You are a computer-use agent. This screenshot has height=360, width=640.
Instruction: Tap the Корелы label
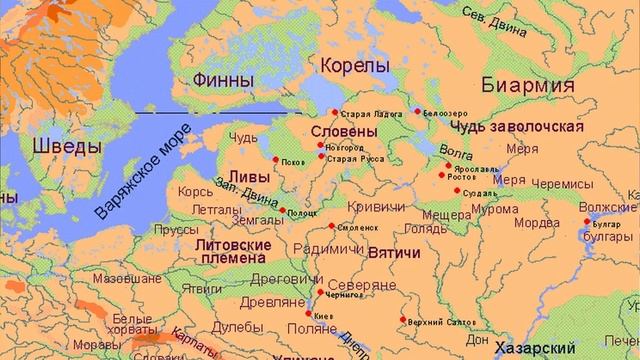coord(354,66)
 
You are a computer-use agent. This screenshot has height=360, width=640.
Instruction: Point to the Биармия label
coord(528,85)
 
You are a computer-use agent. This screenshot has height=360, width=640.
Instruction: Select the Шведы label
coord(66,146)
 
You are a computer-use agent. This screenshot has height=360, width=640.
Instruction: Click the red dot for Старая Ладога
coord(335,112)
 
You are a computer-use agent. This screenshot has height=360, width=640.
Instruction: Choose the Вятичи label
coord(393,255)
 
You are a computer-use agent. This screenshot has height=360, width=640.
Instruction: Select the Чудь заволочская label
coord(516,127)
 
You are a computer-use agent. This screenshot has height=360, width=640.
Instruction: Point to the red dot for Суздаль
coord(456,190)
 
